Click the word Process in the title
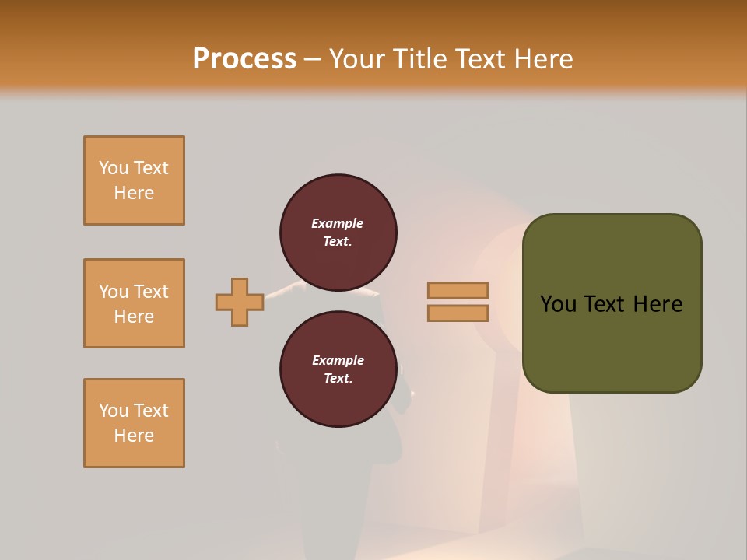(x=244, y=58)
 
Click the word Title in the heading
(x=421, y=58)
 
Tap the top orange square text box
(x=134, y=180)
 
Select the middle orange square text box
(x=134, y=303)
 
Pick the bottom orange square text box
(x=134, y=423)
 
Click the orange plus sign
(x=240, y=302)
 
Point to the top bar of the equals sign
(x=458, y=291)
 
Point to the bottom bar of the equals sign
(x=458, y=313)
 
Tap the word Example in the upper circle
(x=338, y=223)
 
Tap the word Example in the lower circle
(x=338, y=360)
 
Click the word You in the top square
(x=113, y=168)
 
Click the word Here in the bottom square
(x=134, y=436)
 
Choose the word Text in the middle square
(x=151, y=292)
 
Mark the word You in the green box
(x=557, y=304)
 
